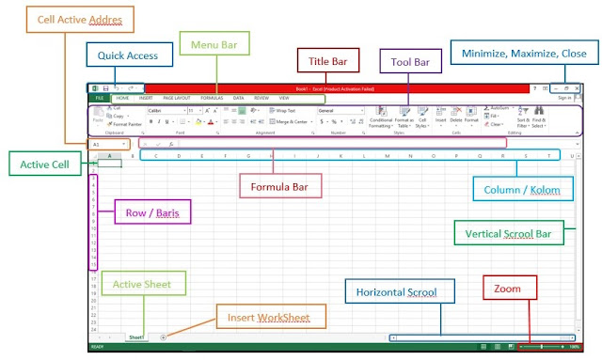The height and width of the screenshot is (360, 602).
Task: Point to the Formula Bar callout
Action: [281, 186]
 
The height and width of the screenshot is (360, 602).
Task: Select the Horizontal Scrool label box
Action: [395, 291]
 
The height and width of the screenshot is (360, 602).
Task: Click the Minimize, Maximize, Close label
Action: [523, 54]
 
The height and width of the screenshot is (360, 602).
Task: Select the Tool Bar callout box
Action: [410, 62]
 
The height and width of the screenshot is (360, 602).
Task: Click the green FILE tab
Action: [98, 98]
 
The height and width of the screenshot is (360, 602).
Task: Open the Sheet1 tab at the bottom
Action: [135, 336]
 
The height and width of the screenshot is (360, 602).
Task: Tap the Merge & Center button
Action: [289, 121]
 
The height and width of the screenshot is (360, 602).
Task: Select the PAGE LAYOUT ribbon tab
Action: [177, 98]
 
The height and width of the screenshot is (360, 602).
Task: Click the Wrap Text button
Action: [284, 110]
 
